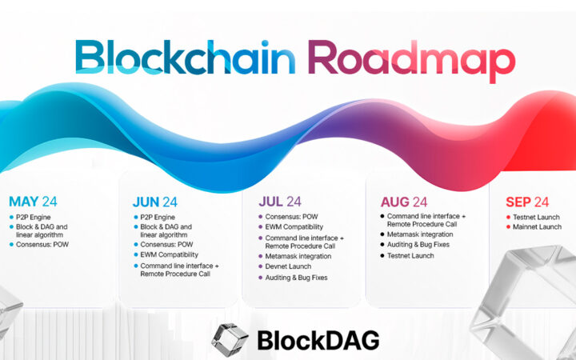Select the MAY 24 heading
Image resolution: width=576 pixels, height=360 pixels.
34,202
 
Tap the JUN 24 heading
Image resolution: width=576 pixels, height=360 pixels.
154,202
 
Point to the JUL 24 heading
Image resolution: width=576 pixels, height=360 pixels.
279,202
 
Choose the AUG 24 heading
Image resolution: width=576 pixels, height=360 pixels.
406,202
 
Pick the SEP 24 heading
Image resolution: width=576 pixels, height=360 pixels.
526,202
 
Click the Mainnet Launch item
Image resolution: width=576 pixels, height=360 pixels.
538,227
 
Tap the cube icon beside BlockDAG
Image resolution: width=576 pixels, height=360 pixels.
229,340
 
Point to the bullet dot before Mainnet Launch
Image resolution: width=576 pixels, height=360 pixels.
508,227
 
